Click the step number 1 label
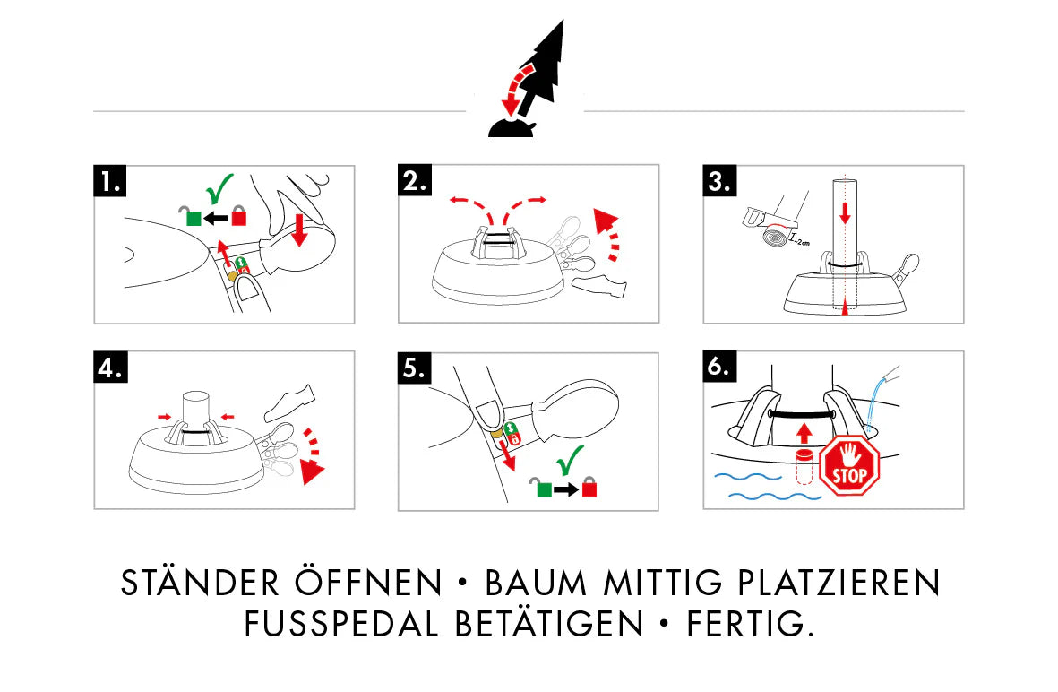110,182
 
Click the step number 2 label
415,182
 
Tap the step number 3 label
719,182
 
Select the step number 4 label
110,368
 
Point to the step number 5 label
415,368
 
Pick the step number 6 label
719,368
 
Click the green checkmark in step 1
218,191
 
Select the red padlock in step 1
239,215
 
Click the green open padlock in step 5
543,488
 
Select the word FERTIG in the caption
749,624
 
